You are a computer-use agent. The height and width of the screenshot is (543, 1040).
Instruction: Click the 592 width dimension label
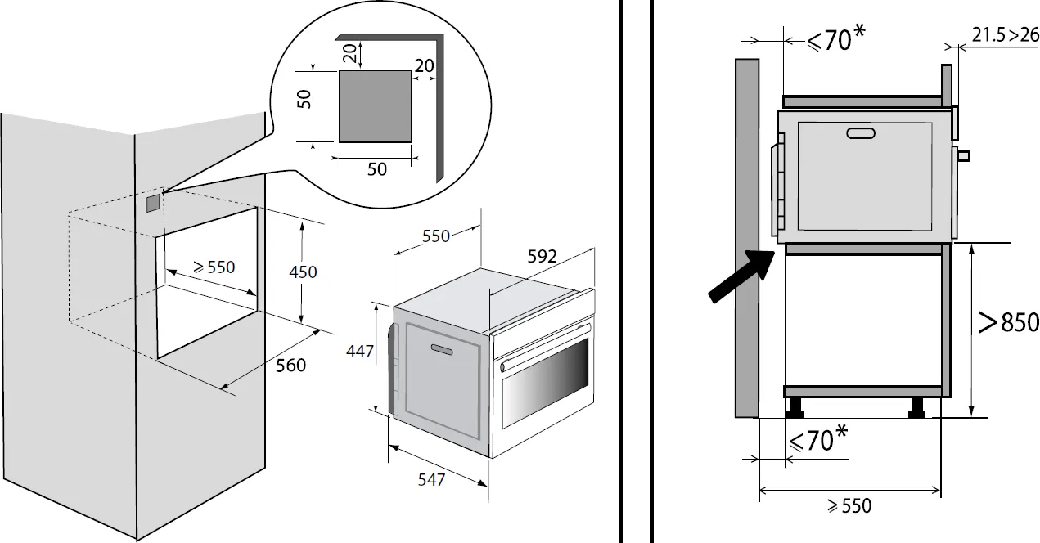541,256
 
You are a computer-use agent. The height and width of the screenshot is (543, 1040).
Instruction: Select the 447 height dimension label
361,352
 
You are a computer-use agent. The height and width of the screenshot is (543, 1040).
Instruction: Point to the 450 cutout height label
304,271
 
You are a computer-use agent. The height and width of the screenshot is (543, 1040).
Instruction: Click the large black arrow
739,278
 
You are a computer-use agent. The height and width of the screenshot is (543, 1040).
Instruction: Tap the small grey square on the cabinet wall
154,203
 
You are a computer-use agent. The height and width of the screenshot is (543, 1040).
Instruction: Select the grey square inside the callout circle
376,105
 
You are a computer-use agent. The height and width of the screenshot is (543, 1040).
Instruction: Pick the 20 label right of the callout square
424,65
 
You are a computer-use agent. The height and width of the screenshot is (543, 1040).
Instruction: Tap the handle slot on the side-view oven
859,134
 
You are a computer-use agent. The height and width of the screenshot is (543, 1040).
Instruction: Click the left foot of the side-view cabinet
794,406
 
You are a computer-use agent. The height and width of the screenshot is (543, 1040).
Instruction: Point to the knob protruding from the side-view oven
963,155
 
